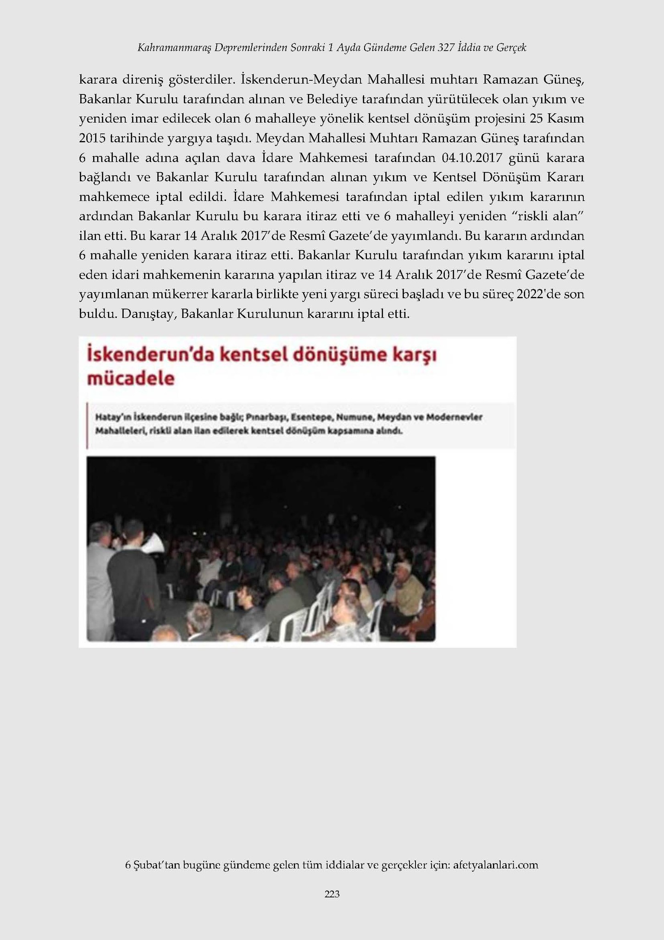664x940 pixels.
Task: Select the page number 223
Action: (332, 894)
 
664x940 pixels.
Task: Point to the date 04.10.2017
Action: (473, 158)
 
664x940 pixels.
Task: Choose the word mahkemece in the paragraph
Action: (114, 197)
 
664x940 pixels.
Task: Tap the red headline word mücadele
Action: (131, 379)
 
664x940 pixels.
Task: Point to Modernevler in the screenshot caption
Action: (454, 418)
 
